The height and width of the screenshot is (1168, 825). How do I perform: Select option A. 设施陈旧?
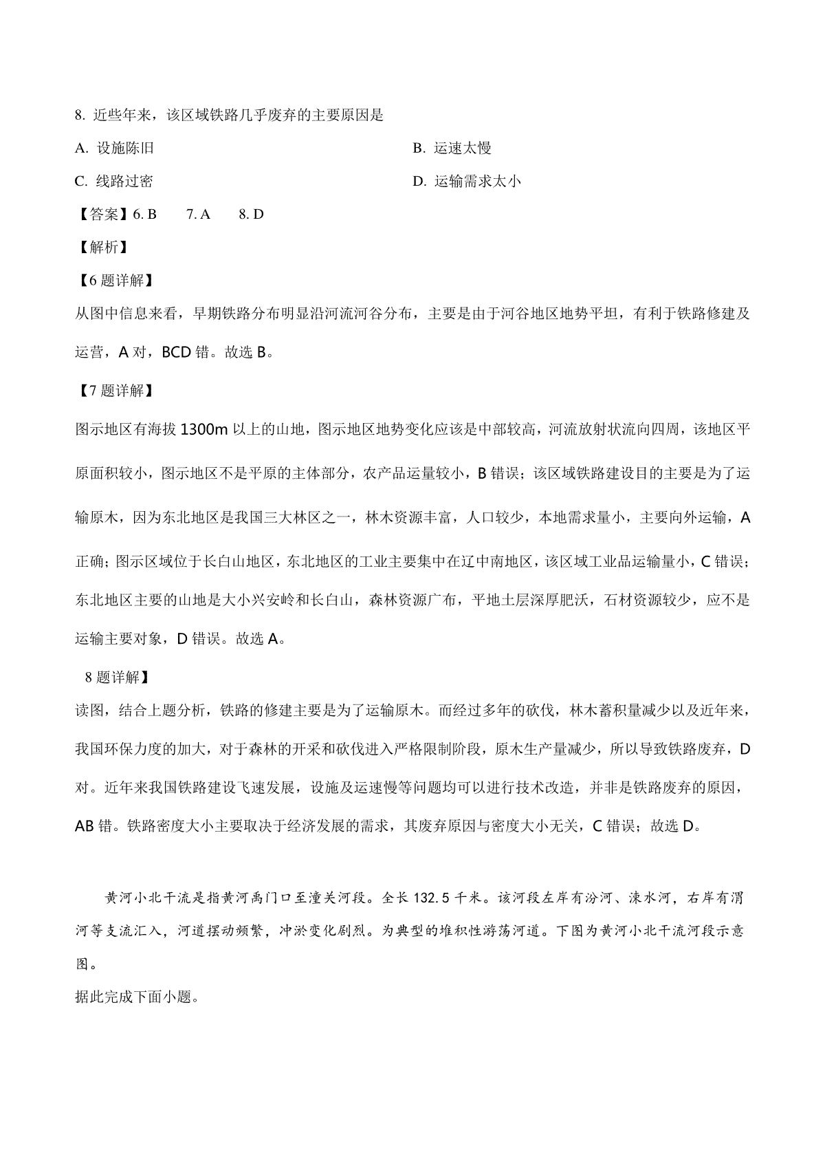click(x=114, y=148)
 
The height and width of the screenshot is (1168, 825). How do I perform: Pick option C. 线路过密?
click(x=114, y=181)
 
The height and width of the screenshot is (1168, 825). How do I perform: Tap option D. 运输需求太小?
click(x=467, y=181)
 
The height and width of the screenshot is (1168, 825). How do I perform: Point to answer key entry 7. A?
click(x=198, y=214)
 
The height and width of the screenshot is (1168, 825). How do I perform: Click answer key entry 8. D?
click(x=251, y=214)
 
